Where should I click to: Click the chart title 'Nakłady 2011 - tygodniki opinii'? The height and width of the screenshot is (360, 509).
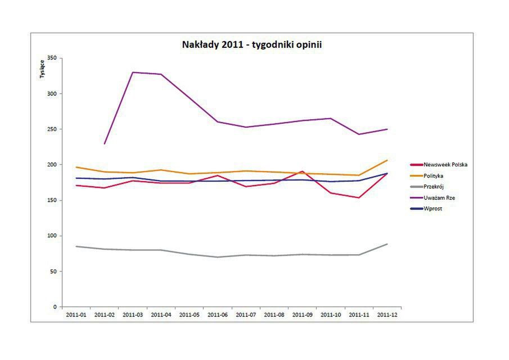tap(251, 44)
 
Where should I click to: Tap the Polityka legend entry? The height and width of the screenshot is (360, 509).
tap(433, 176)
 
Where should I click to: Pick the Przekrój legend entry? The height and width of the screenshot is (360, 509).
tap(434, 187)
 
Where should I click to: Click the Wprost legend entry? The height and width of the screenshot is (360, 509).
tap(432, 209)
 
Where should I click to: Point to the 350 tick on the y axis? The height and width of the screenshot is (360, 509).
tap(52, 58)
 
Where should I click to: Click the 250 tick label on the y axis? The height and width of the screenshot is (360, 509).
tap(52, 129)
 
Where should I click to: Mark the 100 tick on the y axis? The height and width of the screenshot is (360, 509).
tap(52, 236)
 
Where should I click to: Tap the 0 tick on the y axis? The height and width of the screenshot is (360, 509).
tap(55, 307)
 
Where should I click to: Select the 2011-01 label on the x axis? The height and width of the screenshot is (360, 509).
tap(76, 315)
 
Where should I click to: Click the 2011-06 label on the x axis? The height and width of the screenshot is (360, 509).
tap(218, 315)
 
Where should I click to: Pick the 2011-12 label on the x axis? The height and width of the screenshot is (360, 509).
tap(387, 315)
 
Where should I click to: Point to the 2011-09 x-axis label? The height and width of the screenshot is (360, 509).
tap(303, 315)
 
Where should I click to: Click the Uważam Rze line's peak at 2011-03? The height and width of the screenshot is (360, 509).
tap(133, 73)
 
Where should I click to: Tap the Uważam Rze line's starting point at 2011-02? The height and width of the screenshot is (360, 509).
tap(105, 144)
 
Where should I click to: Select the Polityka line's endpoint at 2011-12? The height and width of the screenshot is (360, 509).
tap(387, 160)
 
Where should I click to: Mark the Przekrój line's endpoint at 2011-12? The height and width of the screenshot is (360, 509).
tap(387, 244)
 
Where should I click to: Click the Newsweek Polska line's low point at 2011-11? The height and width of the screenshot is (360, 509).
tap(359, 197)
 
